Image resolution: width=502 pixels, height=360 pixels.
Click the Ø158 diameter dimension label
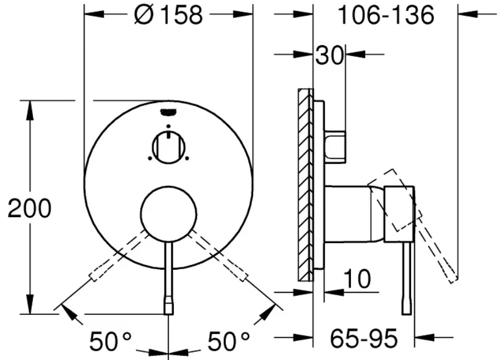click(x=168, y=14)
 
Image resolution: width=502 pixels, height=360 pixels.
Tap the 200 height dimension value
click(x=30, y=208)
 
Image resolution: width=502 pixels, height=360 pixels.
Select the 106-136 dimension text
click(x=386, y=14)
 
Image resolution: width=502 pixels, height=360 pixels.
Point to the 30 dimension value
click(x=329, y=56)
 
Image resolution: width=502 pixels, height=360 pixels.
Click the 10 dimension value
click(x=358, y=279)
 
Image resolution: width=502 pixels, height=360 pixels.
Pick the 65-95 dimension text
click(x=364, y=338)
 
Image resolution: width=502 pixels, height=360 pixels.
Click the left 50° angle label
click(x=111, y=341)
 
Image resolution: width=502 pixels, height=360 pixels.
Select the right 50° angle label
click(x=229, y=341)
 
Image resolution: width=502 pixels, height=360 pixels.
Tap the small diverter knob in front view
click(x=168, y=148)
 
